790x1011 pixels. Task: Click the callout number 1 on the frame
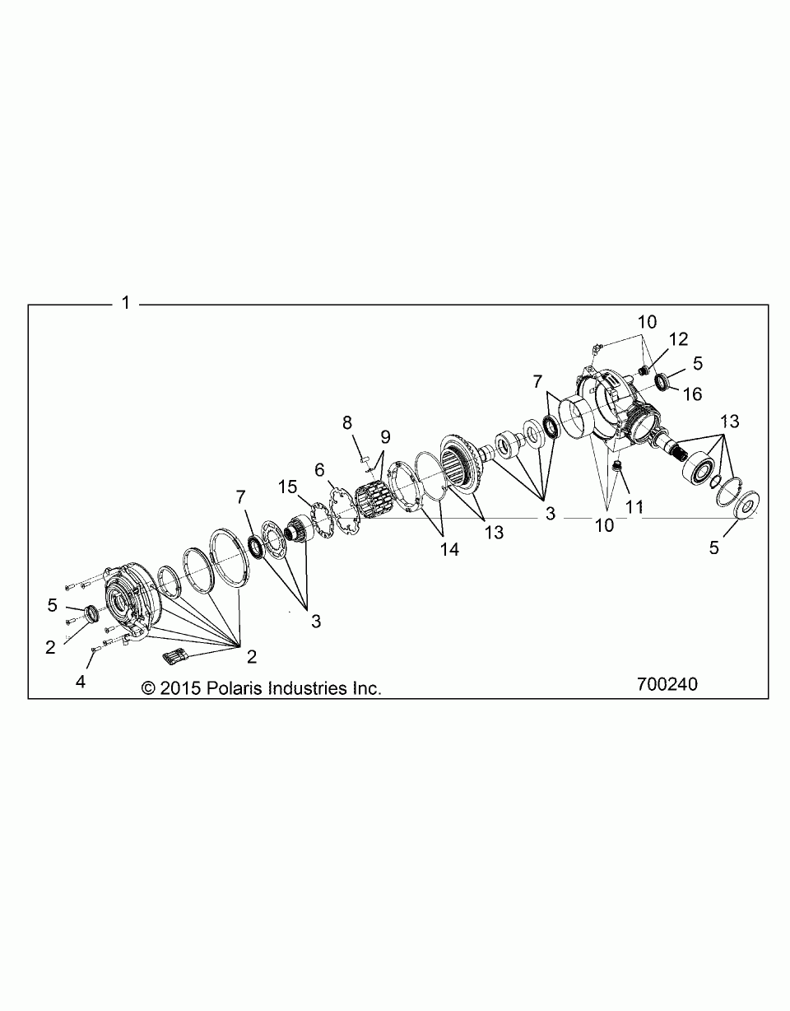coord(126,303)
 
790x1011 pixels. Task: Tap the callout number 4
coord(81,682)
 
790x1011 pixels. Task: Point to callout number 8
coord(346,422)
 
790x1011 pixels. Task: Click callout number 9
coord(384,436)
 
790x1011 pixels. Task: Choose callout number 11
coord(634,508)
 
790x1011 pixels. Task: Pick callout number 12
coord(678,338)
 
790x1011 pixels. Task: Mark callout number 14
coord(449,549)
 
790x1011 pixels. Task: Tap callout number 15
coord(287,487)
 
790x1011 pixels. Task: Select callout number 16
coord(692,394)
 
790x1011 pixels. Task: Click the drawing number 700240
coord(667,684)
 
